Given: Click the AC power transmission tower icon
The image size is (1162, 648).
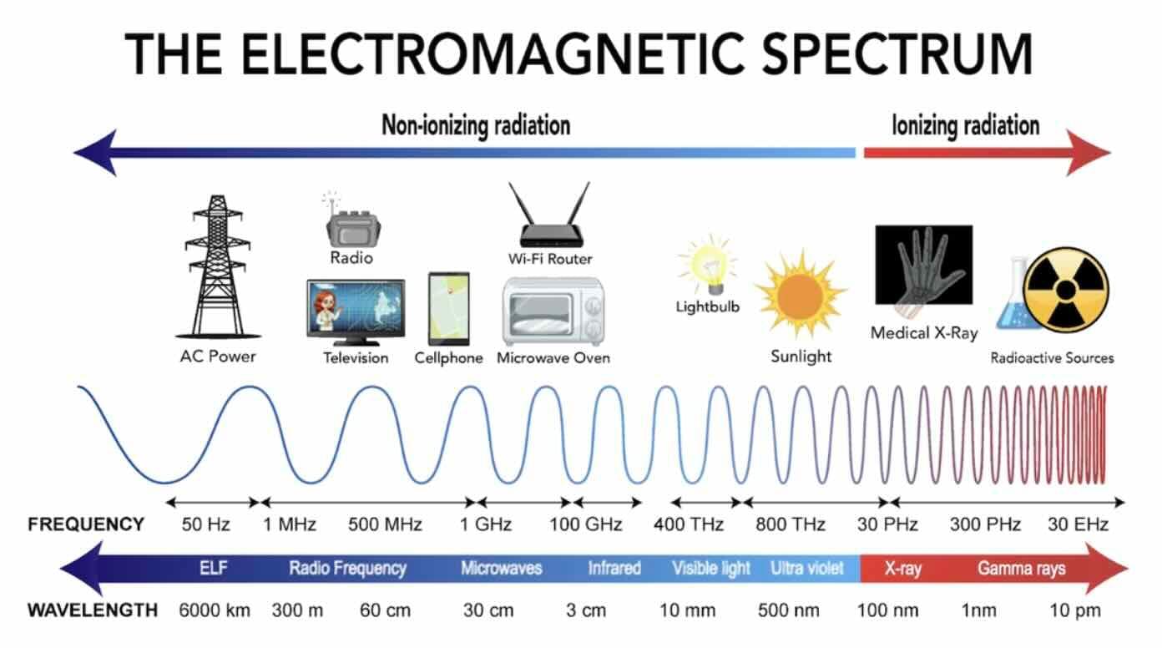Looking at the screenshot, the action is click(x=218, y=266).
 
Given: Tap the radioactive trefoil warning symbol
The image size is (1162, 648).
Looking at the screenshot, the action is click(x=1065, y=290).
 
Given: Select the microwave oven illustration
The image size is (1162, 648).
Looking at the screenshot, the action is click(x=553, y=311).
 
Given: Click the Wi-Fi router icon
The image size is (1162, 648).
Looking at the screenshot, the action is click(x=550, y=215).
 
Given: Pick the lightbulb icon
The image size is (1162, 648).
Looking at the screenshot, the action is click(x=709, y=266).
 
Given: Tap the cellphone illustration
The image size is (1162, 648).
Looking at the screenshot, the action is click(x=449, y=309).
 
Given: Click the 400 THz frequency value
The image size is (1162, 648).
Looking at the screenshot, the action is click(x=689, y=524).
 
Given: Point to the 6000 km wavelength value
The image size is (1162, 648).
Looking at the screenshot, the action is click(x=215, y=610).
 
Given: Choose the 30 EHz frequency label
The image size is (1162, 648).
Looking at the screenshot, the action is click(x=1078, y=524).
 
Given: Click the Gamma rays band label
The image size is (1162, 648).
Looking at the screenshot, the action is click(x=1022, y=569).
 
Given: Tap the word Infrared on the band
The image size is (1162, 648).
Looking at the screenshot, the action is click(x=614, y=568).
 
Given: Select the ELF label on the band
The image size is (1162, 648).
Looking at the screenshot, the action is click(x=213, y=568).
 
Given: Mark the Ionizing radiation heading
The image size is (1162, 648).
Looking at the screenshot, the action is click(x=965, y=125).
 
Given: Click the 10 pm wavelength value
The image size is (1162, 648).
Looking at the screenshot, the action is click(x=1075, y=610).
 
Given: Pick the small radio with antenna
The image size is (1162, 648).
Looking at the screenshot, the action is click(x=352, y=222).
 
